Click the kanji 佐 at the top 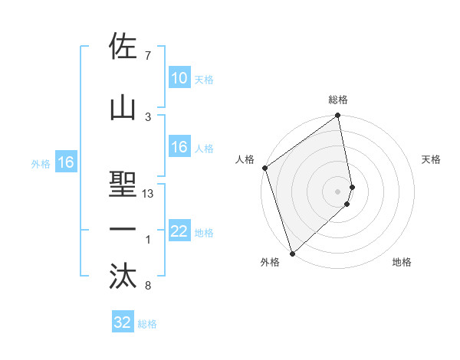pos(123,47)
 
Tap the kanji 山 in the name pos(123,108)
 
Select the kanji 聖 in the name pos(123,185)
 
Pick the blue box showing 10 pos(179,78)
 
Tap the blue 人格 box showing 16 pos(179,147)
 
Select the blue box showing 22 pos(179,231)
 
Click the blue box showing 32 pos(123,322)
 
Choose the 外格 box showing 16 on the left pos(65,162)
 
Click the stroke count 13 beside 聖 pos(148,194)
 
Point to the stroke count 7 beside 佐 pos(147,56)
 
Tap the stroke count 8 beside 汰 pos(147,286)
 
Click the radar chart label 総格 pos(338,100)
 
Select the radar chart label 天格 pos(432,159)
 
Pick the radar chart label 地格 pos(402,262)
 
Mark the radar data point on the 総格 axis pos(338,116)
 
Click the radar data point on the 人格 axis pos(264,168)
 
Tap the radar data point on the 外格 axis pos(292,253)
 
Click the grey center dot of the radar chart pos(338,191)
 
